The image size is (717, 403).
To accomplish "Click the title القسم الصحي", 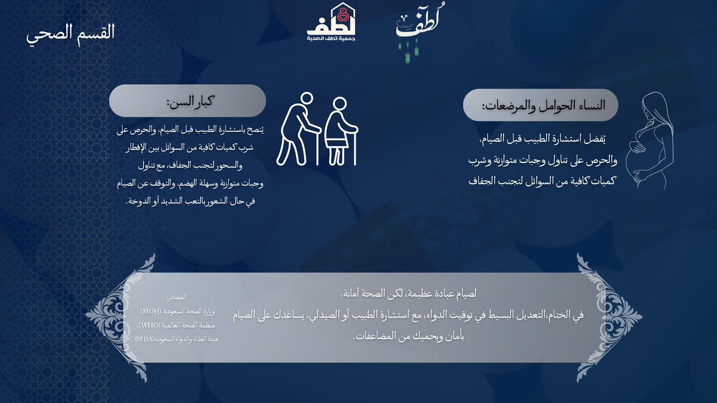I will [x=71, y=32].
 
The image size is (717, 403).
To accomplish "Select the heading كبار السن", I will [x=191, y=100].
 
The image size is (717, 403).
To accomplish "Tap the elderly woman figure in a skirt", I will [x=340, y=131].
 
